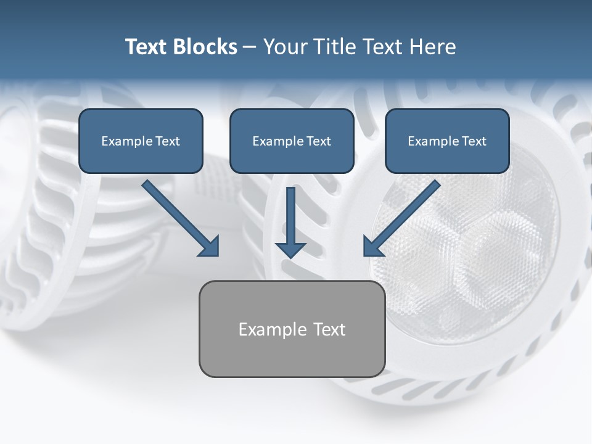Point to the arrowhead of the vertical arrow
pos(290,250)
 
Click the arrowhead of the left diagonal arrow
pos(210,247)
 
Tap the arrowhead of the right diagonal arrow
pos(372,247)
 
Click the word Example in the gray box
pos(264,330)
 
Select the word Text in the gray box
pos(329,329)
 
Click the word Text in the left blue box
pos(167,141)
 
